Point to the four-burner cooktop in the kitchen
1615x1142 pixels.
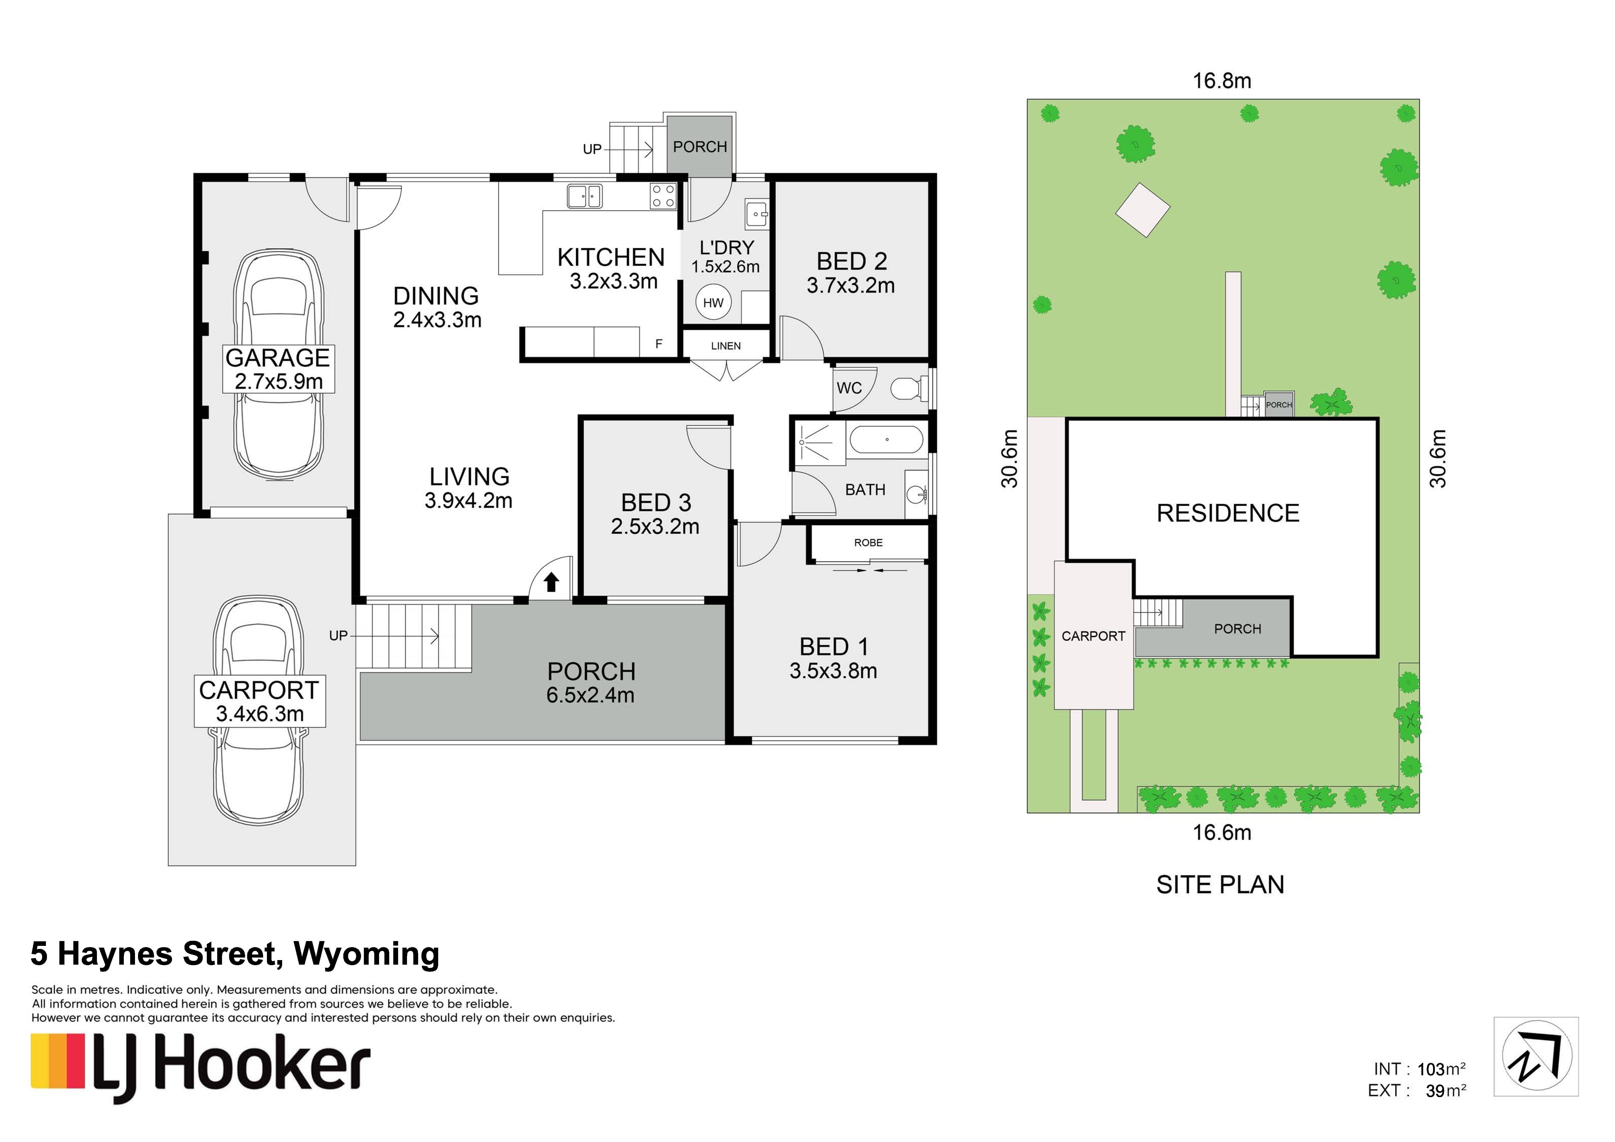click(x=663, y=196)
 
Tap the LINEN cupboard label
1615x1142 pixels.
click(x=726, y=346)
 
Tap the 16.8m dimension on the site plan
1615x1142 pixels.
click(x=1222, y=81)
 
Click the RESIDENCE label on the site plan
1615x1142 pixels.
click(x=1228, y=513)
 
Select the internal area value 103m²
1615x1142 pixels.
click(x=1441, y=1069)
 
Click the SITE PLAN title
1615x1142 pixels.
click(x=1220, y=885)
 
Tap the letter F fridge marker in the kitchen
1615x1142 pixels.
click(x=659, y=344)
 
